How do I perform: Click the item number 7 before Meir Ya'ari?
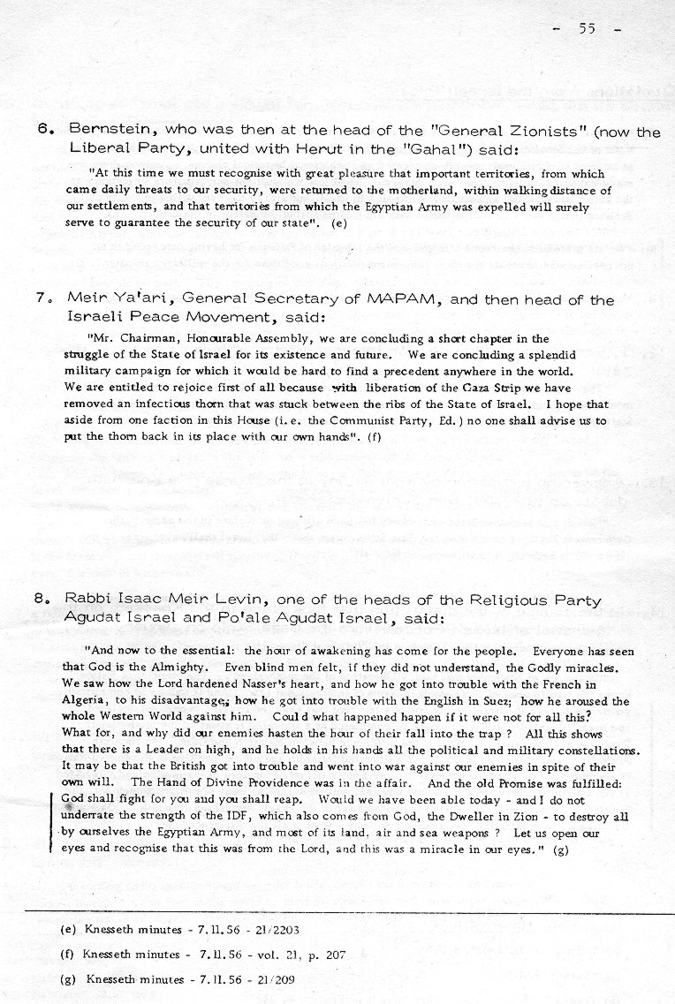pyautogui.click(x=42, y=298)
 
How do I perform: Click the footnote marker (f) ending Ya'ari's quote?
pyautogui.click(x=375, y=438)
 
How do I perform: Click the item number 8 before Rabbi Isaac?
pyautogui.click(x=42, y=600)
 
